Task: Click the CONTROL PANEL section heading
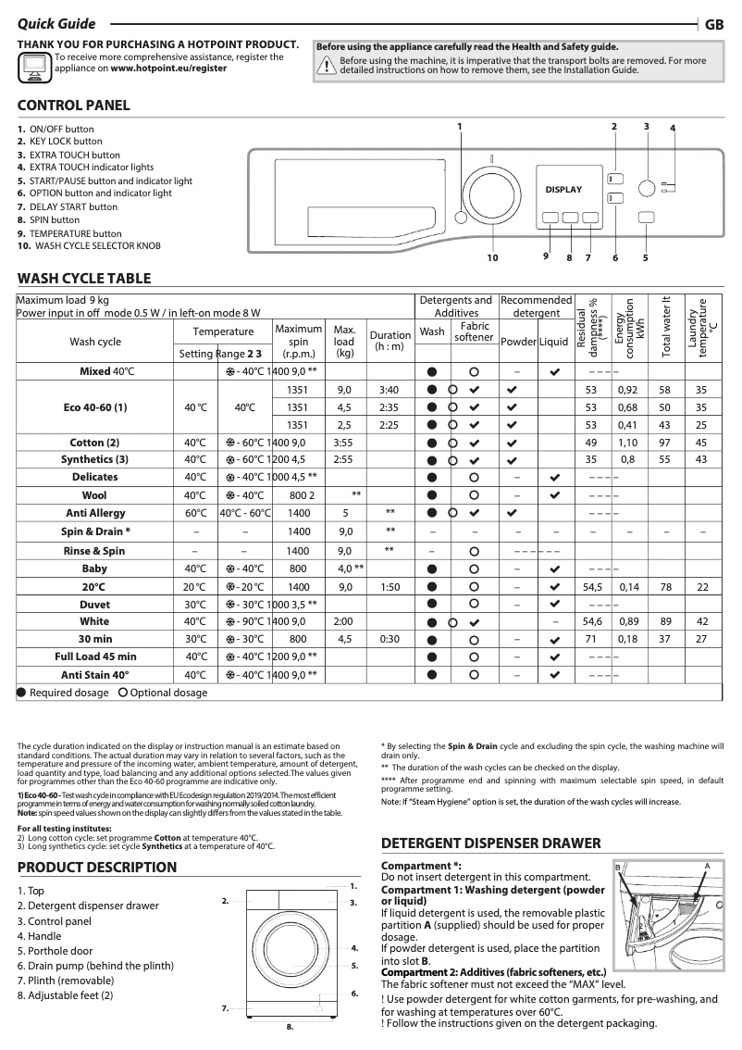click(x=74, y=106)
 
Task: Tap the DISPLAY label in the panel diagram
click(x=563, y=190)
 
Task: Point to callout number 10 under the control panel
click(x=492, y=257)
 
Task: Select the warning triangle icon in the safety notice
click(x=327, y=64)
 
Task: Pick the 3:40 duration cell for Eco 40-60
click(x=389, y=391)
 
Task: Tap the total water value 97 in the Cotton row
click(x=664, y=443)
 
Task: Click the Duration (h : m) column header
click(x=390, y=341)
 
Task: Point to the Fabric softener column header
click(x=475, y=331)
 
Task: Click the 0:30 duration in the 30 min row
click(x=390, y=639)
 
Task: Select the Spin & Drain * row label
click(x=95, y=531)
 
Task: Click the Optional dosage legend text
click(x=168, y=693)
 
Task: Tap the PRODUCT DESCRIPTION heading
click(x=97, y=868)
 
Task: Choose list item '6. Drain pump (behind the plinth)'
click(x=95, y=966)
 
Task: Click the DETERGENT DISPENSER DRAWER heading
click(x=491, y=844)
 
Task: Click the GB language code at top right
click(x=714, y=25)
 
